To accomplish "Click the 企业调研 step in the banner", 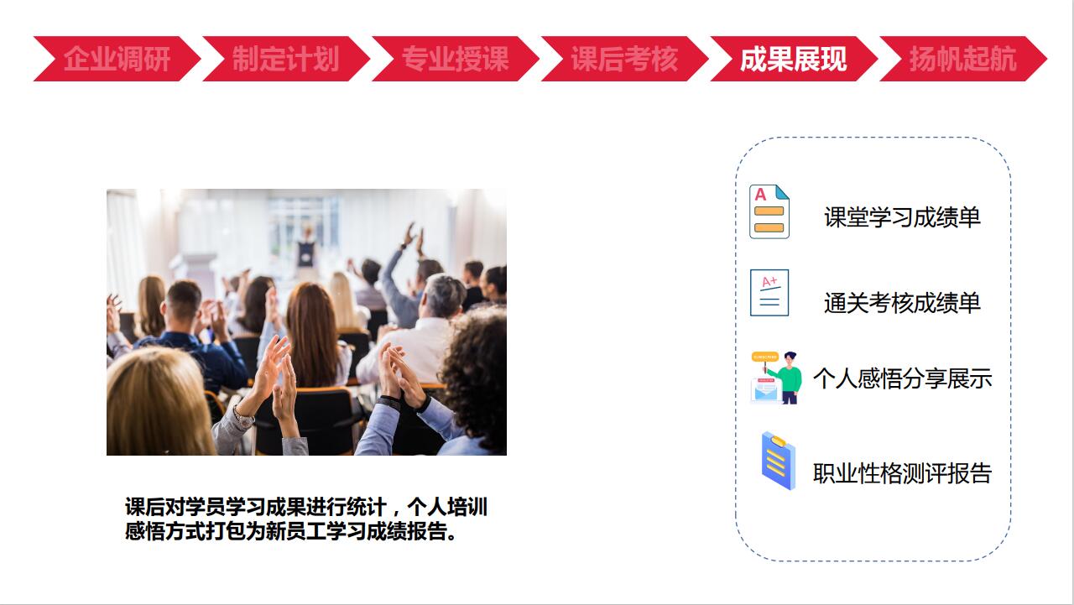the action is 117,59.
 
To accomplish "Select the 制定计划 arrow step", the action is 286,59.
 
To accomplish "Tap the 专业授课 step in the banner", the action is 455,59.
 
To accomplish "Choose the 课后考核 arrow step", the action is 624,59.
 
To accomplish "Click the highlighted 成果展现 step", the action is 794,59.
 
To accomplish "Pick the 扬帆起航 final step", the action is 962,59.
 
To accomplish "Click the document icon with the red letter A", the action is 769,211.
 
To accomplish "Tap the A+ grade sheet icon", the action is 769,293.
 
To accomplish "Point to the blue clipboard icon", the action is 778,460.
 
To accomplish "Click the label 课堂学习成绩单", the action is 902,217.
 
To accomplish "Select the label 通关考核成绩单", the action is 902,303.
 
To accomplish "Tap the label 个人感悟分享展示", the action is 902,378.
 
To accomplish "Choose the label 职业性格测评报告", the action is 902,473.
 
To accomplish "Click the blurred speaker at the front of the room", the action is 306,249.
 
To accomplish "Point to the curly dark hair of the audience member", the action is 475,369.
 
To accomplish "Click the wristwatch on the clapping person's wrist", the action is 243,417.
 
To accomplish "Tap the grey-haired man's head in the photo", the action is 444,295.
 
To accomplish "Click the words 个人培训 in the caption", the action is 447,507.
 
